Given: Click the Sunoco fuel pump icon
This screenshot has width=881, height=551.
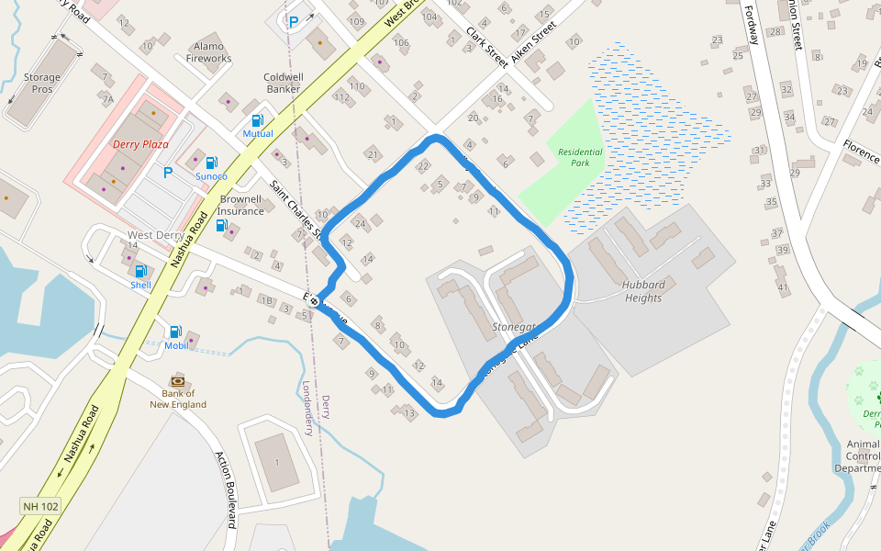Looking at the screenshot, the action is click(x=212, y=163).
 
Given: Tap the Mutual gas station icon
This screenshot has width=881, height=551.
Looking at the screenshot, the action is click(x=258, y=120).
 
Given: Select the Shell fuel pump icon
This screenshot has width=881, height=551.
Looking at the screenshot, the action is click(x=140, y=271).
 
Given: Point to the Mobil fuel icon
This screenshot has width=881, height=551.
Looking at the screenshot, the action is click(x=175, y=332).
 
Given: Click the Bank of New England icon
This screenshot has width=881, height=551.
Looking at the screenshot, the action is click(x=178, y=381).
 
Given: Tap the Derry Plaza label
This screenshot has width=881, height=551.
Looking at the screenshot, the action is click(x=140, y=144).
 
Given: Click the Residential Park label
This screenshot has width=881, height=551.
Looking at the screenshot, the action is click(x=580, y=157).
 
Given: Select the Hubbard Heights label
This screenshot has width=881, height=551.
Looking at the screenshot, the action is click(x=642, y=291).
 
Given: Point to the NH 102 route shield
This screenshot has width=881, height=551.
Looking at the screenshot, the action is click(x=40, y=506).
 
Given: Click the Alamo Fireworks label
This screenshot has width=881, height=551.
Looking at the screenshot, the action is click(x=209, y=52).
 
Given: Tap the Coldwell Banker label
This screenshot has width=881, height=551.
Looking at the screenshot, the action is click(x=284, y=84).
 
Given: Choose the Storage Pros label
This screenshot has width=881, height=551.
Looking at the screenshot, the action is click(x=42, y=84).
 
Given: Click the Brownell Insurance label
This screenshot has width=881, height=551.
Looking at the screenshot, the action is click(x=240, y=205).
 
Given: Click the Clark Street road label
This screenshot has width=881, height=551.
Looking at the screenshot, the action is click(x=487, y=47).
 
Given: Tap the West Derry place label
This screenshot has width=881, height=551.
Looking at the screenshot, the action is click(x=155, y=235).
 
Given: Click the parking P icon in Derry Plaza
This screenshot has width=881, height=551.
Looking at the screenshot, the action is click(x=168, y=172).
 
